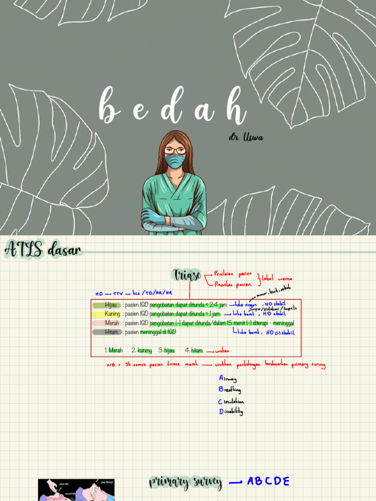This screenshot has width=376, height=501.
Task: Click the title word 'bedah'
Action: click(172, 106)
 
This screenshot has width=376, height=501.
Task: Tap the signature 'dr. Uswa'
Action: click(246, 137)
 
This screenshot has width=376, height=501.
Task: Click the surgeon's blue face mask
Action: click(175, 161)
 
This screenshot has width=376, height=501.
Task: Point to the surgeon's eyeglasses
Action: click(175, 151)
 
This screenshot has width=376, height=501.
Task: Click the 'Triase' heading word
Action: click(187, 275)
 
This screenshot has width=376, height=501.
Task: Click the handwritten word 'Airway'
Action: click(228, 379)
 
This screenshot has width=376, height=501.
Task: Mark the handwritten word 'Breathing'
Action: click(230, 390)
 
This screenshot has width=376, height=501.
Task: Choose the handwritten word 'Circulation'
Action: click(231, 402)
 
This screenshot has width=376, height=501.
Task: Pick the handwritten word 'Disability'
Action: click(231, 412)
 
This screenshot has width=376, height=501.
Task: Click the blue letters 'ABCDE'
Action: click(268, 481)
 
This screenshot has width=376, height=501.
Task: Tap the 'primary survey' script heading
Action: click(186, 482)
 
